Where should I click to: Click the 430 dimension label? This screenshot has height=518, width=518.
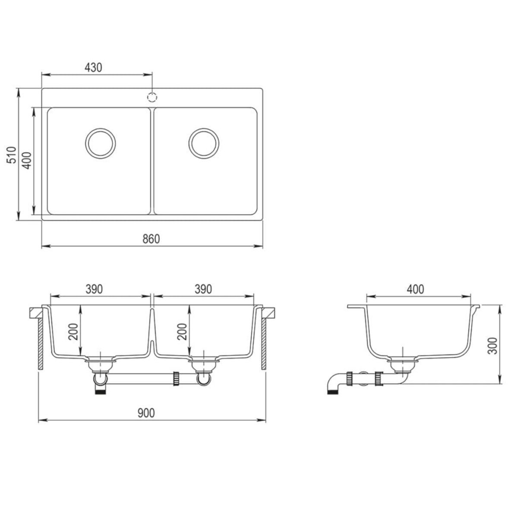[93, 67]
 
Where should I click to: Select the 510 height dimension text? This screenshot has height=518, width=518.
[13, 155]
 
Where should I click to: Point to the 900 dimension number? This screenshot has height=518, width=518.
[146, 413]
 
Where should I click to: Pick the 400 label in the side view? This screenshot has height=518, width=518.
[415, 289]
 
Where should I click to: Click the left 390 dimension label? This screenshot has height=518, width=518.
[94, 289]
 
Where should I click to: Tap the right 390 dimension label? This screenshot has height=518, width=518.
[202, 289]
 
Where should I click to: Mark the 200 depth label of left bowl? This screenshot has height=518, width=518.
[76, 331]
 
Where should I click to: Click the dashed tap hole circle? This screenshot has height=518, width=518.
[152, 96]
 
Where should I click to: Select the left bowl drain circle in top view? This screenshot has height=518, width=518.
[100, 143]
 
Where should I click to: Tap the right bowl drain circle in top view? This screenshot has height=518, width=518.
[204, 143]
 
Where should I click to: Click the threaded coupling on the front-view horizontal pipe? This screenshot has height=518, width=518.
[177, 378]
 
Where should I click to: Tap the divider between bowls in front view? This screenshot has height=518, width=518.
[152, 328]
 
